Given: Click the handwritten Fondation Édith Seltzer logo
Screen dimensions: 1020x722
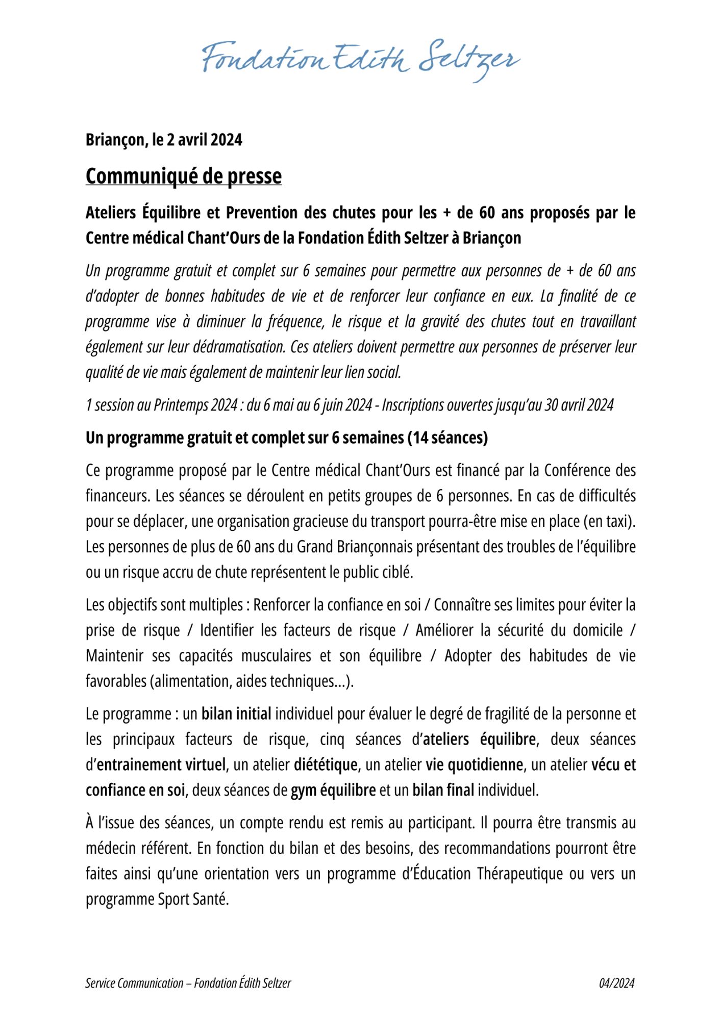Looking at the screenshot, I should pyautogui.click(x=361, y=60).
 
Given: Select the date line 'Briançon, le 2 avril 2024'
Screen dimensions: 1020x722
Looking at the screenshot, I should pyautogui.click(x=164, y=140).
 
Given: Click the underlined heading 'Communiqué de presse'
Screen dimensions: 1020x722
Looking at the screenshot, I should pyautogui.click(x=184, y=176).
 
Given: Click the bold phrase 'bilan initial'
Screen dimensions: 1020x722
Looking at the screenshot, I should pyautogui.click(x=236, y=714).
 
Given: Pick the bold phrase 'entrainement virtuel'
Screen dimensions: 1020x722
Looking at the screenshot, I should pyautogui.click(x=161, y=765).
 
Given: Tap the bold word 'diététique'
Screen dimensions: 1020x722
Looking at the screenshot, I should pyautogui.click(x=326, y=765).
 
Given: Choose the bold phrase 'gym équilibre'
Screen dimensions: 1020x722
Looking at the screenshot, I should pyautogui.click(x=333, y=790).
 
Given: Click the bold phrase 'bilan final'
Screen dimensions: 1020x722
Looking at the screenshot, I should pyautogui.click(x=443, y=790).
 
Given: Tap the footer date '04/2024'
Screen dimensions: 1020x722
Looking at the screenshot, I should pyautogui.click(x=616, y=983).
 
